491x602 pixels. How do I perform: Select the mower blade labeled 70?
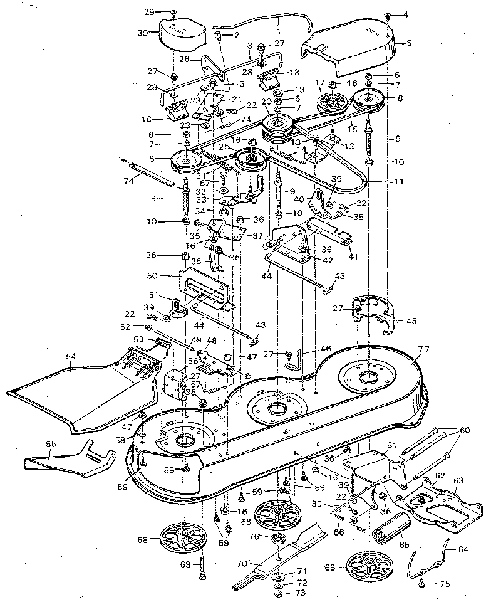(294, 551)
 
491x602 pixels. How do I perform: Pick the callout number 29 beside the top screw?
(148, 12)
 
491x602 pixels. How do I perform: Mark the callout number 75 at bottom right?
(444, 584)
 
